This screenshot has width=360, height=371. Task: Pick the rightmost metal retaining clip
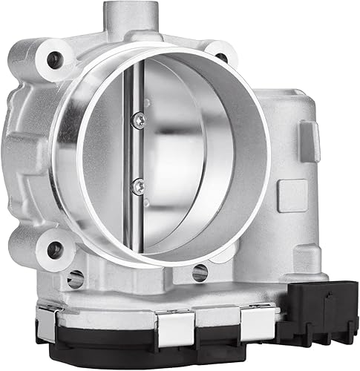pyautogui.click(x=252, y=318)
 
